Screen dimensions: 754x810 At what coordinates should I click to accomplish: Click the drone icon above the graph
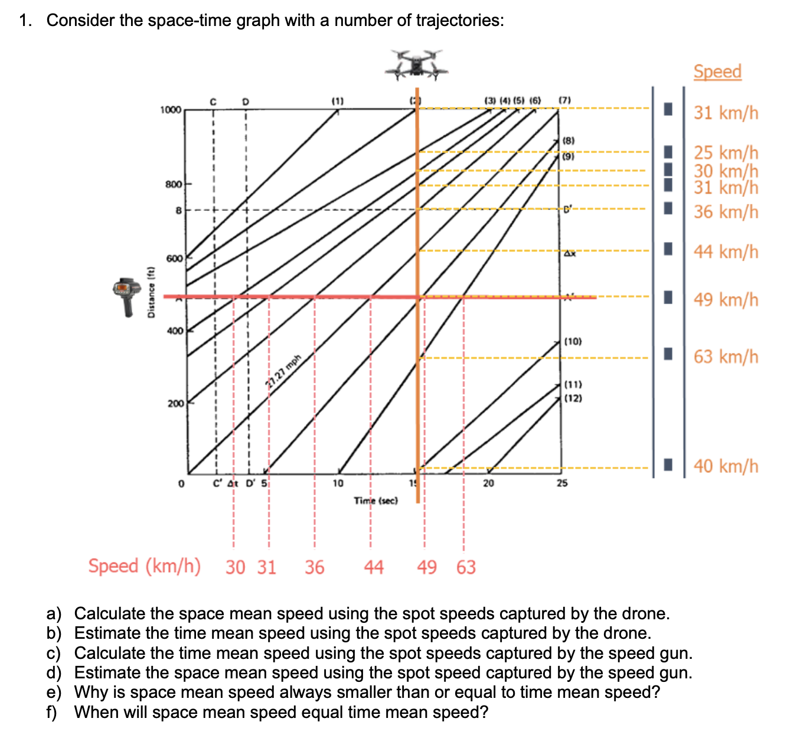[417, 65]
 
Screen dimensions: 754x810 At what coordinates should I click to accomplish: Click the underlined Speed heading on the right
[717, 71]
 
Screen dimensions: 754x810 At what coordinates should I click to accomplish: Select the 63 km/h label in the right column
[726, 357]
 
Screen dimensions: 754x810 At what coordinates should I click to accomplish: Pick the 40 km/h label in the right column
[726, 466]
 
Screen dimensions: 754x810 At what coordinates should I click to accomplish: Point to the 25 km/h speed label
[726, 152]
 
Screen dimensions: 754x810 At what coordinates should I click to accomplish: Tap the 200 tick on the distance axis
[175, 404]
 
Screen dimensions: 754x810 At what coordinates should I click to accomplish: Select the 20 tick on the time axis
[488, 483]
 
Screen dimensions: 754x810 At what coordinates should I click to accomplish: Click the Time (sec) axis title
[376, 500]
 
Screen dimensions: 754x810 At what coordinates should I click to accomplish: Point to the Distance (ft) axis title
[151, 292]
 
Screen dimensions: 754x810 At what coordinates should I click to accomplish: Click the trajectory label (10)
[573, 342]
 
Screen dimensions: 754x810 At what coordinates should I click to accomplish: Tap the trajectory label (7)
[564, 100]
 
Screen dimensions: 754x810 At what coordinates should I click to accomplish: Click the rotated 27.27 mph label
[283, 371]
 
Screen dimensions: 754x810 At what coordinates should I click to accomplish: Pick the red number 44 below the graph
[373, 567]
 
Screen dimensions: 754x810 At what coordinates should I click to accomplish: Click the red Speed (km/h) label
[144, 566]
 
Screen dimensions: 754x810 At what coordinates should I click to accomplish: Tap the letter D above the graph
[246, 101]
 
